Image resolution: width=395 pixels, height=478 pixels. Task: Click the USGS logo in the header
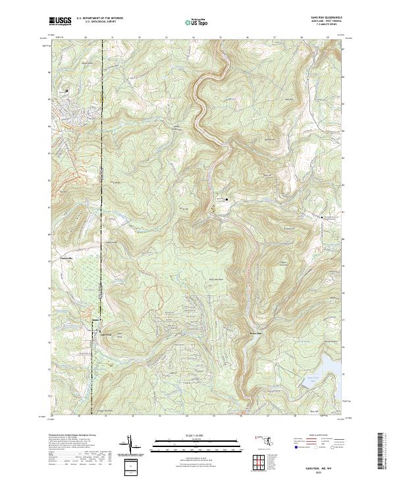click(60, 21)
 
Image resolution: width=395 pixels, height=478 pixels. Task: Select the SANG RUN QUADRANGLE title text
click(326, 18)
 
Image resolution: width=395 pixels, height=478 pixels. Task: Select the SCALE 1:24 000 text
click(197, 436)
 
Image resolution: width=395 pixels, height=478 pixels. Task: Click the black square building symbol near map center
click(227, 198)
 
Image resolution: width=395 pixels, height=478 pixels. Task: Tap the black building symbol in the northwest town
click(66, 90)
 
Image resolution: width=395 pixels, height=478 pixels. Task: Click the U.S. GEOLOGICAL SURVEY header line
click(95, 22)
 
